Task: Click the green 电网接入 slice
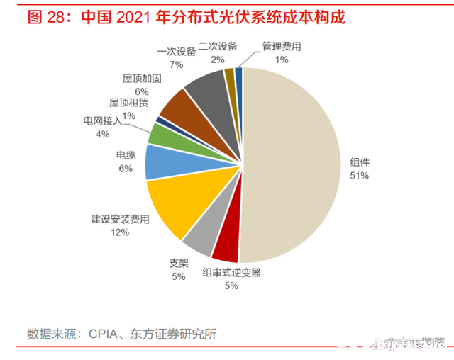tap(162, 133)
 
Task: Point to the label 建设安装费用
tap(120, 220)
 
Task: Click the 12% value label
tap(120, 232)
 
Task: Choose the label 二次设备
tap(218, 47)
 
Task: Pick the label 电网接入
tap(102, 121)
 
